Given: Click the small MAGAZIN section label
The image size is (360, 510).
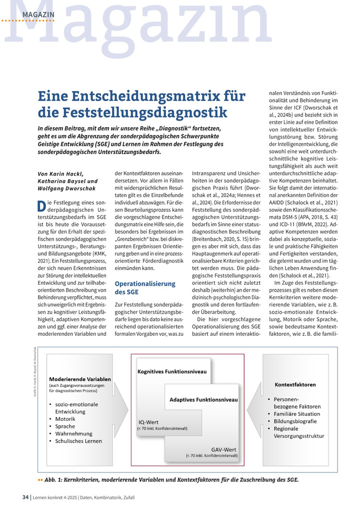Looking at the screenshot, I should pos(38,15).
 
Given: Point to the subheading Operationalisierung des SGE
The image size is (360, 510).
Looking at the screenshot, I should pos(144,287).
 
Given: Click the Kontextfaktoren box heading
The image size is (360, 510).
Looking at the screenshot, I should pos(295,384).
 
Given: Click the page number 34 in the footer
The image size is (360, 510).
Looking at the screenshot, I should pos(25,497).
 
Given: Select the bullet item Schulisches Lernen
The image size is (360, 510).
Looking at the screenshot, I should pos(78,441).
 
